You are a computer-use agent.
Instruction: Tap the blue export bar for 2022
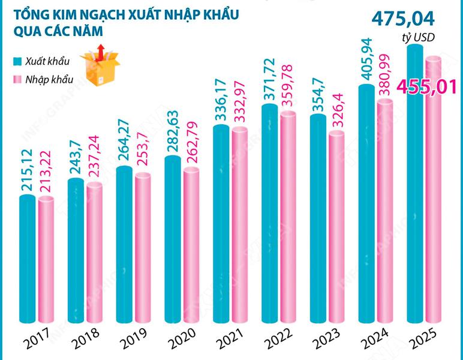[269, 216]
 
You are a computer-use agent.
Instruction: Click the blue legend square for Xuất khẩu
[17, 62]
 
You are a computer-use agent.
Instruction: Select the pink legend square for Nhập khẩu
[17, 80]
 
